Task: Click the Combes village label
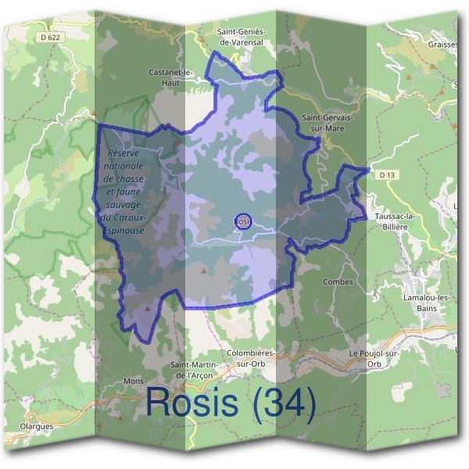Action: pos(338,281)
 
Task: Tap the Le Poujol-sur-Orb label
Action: pos(377,358)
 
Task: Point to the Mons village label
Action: pos(134,382)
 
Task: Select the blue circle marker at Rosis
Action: pos(243,221)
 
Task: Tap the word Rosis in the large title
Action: pos(193,403)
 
